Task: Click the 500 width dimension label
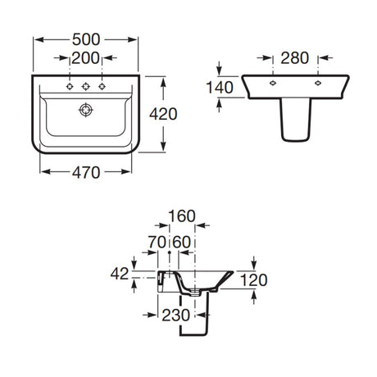coord(86,39)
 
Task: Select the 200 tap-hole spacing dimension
coord(85,58)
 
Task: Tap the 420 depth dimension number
coord(163,114)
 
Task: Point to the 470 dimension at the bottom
coord(86,172)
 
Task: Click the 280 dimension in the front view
coord(295,58)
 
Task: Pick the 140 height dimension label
coord(220,88)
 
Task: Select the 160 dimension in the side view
coord(182,216)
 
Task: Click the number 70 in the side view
coord(157,242)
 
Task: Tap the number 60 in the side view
coord(182,242)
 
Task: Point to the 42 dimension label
coord(120,274)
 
